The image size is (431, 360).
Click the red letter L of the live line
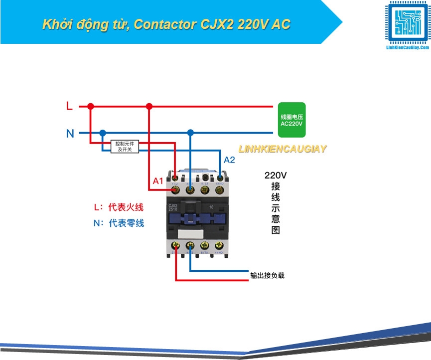(69, 106)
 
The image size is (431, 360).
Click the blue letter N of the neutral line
(70, 133)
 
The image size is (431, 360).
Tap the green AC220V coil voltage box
(291, 120)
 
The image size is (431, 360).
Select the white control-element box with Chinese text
(125, 146)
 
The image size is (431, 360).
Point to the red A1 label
(158, 181)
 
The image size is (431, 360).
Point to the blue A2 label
(229, 160)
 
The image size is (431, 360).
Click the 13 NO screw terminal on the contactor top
(219, 189)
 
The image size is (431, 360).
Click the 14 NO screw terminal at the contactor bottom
(219, 246)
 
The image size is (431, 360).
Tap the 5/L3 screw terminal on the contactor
(204, 189)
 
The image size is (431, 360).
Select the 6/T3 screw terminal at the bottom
(204, 246)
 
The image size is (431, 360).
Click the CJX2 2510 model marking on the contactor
(174, 207)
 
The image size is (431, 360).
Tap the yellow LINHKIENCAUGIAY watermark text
(282, 149)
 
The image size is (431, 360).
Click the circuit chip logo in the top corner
(407, 23)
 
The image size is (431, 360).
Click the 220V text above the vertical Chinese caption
(276, 176)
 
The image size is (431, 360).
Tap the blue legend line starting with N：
(119, 223)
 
